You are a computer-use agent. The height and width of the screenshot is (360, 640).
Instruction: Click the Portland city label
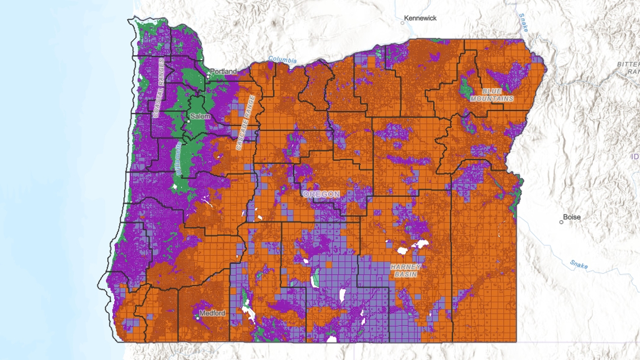223,71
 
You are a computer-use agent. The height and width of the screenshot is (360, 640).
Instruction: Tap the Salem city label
200,116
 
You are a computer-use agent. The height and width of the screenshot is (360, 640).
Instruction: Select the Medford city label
212,313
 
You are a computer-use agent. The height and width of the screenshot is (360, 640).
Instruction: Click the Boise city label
572,217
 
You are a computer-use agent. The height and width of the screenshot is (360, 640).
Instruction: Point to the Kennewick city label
420,18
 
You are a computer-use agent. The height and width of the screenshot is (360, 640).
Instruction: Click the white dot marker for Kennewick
402,23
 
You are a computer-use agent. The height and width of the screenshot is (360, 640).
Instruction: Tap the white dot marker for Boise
561,222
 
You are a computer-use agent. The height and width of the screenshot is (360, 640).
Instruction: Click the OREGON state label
322,194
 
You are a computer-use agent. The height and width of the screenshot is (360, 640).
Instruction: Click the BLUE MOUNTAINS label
492,95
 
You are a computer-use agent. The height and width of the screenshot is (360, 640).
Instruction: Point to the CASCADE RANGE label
246,123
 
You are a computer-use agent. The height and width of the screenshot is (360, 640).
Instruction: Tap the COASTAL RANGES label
159,88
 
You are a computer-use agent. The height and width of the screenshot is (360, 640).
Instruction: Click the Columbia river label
282,60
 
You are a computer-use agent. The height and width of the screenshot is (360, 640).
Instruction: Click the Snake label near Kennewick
524,22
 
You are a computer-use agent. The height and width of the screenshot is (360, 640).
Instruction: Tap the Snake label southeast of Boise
579,264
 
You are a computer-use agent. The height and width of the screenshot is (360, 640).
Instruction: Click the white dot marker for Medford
198,318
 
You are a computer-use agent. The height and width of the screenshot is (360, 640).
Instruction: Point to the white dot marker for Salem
189,121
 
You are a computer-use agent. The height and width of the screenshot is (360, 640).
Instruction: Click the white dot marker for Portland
207,77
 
